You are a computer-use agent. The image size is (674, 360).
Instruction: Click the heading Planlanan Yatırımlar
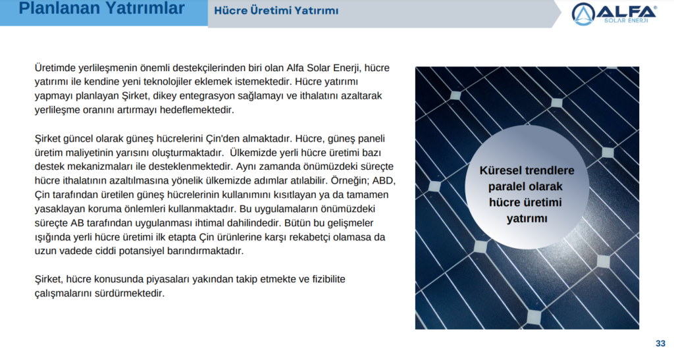click(101, 9)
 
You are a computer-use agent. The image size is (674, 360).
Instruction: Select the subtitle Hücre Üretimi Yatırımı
click(276, 11)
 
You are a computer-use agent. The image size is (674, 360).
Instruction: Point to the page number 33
click(660, 343)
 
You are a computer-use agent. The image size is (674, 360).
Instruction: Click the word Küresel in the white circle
click(501, 170)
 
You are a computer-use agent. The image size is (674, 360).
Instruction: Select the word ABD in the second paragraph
click(387, 180)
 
